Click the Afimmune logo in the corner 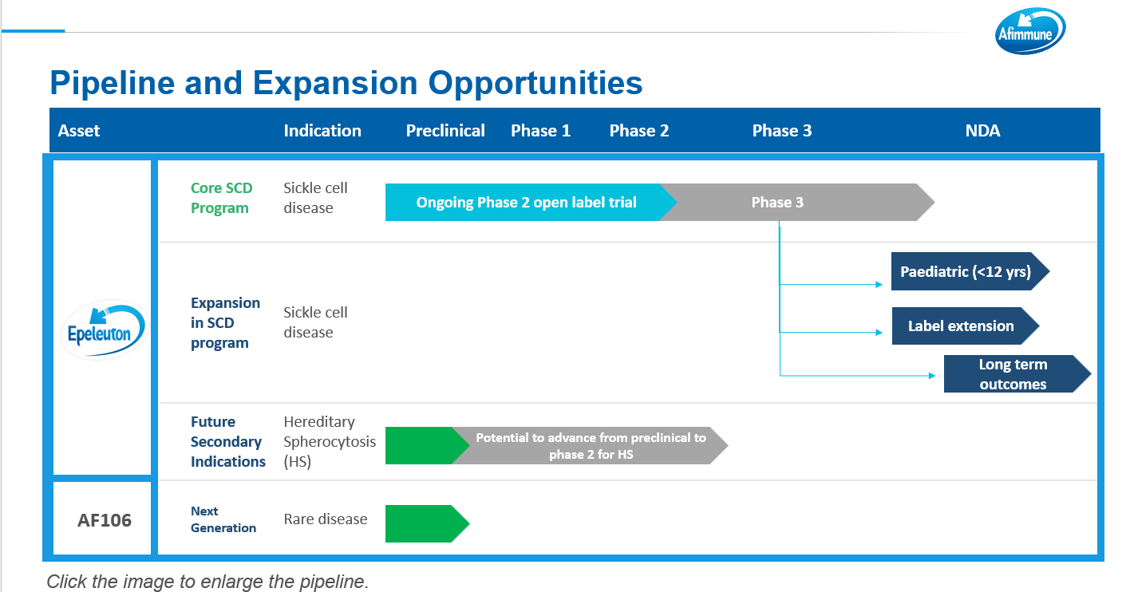(x=1030, y=31)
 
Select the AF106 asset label (x=105, y=520)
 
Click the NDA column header (x=982, y=131)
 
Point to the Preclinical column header (x=445, y=131)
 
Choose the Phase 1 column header (x=540, y=131)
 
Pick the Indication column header (x=322, y=131)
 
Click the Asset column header (x=79, y=131)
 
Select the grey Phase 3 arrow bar (x=797, y=203)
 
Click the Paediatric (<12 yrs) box (x=970, y=271)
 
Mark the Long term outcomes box (x=1017, y=373)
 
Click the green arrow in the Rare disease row (x=427, y=523)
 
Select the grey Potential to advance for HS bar (x=590, y=446)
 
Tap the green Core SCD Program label (x=221, y=198)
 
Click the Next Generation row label (x=223, y=519)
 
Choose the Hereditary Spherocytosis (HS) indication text (x=330, y=442)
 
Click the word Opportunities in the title (x=535, y=83)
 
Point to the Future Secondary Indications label (x=228, y=442)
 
